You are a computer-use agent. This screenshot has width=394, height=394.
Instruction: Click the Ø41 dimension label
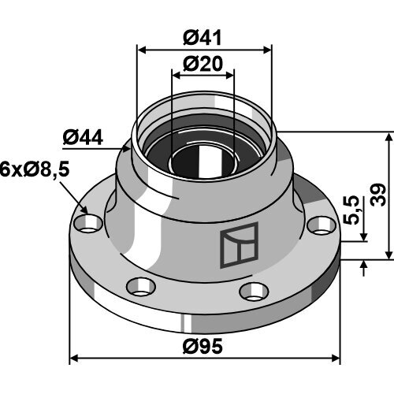203,38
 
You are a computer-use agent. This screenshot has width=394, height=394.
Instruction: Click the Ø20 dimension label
203,64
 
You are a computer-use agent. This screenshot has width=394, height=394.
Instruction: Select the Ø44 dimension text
83,138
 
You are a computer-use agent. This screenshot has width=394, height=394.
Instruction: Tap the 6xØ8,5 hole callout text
35,169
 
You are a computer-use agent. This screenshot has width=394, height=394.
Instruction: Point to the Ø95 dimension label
203,346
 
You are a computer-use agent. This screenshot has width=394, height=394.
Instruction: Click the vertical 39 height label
378,195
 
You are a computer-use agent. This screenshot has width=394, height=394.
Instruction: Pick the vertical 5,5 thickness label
351,210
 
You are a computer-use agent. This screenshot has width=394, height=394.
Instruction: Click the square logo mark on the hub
239,245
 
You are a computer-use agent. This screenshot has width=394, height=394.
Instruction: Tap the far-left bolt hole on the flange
88,224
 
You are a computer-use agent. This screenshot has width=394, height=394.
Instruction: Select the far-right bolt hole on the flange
322,225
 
